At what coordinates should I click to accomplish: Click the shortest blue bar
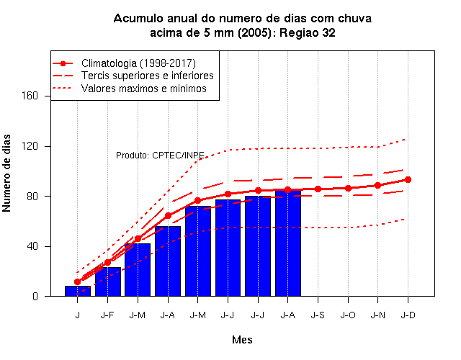coord(78,291)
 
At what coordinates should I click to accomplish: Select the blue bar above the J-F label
coord(108,282)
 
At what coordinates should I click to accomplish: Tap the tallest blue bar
coord(288,243)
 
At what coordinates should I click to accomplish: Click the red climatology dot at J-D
coord(408,179)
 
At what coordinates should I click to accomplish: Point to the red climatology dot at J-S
coord(318,189)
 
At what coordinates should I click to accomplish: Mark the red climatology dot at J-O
coord(349,188)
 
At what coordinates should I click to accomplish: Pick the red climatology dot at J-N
coord(377,186)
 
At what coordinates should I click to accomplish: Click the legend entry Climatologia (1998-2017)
coord(138,63)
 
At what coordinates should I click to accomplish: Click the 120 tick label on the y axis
coord(30,146)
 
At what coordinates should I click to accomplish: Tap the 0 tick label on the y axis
coord(35,296)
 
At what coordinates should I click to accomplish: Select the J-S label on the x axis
coord(318,315)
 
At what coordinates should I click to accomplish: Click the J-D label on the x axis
coord(408,315)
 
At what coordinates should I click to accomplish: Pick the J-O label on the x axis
coord(348,315)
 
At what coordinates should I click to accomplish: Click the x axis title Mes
coord(242,340)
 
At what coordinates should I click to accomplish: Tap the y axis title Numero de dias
coord(6,173)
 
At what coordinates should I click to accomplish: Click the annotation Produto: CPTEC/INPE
coord(160,155)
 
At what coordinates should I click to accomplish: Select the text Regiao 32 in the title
coord(308,32)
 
